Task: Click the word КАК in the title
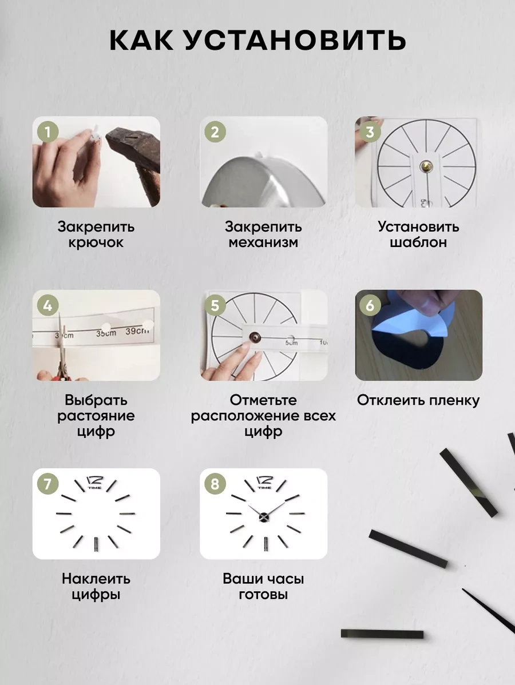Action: click(x=141, y=40)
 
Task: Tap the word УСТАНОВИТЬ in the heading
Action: click(x=294, y=40)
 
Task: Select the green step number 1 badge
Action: click(x=47, y=132)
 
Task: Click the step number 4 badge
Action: click(x=47, y=305)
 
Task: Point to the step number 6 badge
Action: click(x=370, y=305)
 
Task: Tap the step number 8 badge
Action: click(x=215, y=484)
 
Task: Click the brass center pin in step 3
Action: click(x=426, y=166)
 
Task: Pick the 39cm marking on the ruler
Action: click(x=137, y=331)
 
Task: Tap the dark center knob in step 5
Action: click(x=254, y=337)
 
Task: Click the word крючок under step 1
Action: click(x=96, y=242)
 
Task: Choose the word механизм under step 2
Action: click(x=263, y=242)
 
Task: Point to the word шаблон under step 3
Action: click(x=418, y=242)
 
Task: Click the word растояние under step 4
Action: click(x=96, y=416)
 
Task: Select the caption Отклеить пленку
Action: click(x=418, y=400)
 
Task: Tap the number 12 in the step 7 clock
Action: click(x=95, y=480)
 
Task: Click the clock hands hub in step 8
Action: click(x=264, y=517)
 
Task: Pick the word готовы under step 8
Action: click(x=263, y=595)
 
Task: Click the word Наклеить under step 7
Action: click(x=96, y=579)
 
